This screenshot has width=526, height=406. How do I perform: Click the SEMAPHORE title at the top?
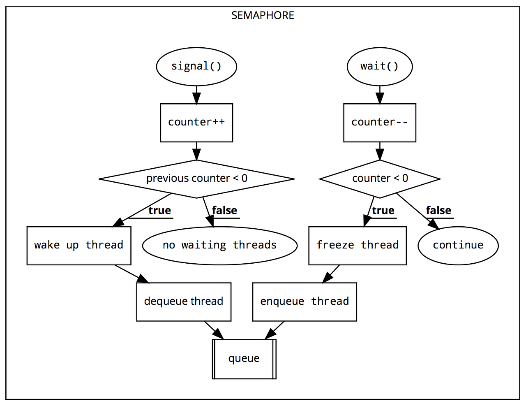(x=263, y=16)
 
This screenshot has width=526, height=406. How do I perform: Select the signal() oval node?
(x=196, y=67)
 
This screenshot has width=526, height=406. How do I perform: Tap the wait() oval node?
(x=379, y=67)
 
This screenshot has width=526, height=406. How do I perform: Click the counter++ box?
(x=196, y=123)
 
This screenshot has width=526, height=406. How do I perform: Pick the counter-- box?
(x=379, y=123)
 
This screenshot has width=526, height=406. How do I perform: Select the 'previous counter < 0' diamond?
(x=196, y=179)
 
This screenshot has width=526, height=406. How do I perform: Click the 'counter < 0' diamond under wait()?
(x=380, y=179)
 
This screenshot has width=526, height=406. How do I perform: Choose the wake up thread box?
(x=79, y=246)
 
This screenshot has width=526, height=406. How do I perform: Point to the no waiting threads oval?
(x=219, y=246)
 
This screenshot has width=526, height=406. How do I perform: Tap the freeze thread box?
(x=357, y=246)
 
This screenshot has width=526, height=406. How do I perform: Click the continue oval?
(x=458, y=246)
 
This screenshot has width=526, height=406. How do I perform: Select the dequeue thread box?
(x=184, y=302)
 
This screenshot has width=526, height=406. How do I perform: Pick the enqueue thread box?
(x=305, y=302)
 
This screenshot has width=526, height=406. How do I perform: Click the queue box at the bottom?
(x=244, y=359)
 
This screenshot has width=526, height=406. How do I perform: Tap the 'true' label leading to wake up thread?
(x=159, y=211)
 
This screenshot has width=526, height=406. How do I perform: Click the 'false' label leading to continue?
(x=438, y=211)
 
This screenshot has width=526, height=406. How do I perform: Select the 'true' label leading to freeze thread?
(x=383, y=211)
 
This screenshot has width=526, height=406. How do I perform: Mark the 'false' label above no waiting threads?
(x=224, y=211)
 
